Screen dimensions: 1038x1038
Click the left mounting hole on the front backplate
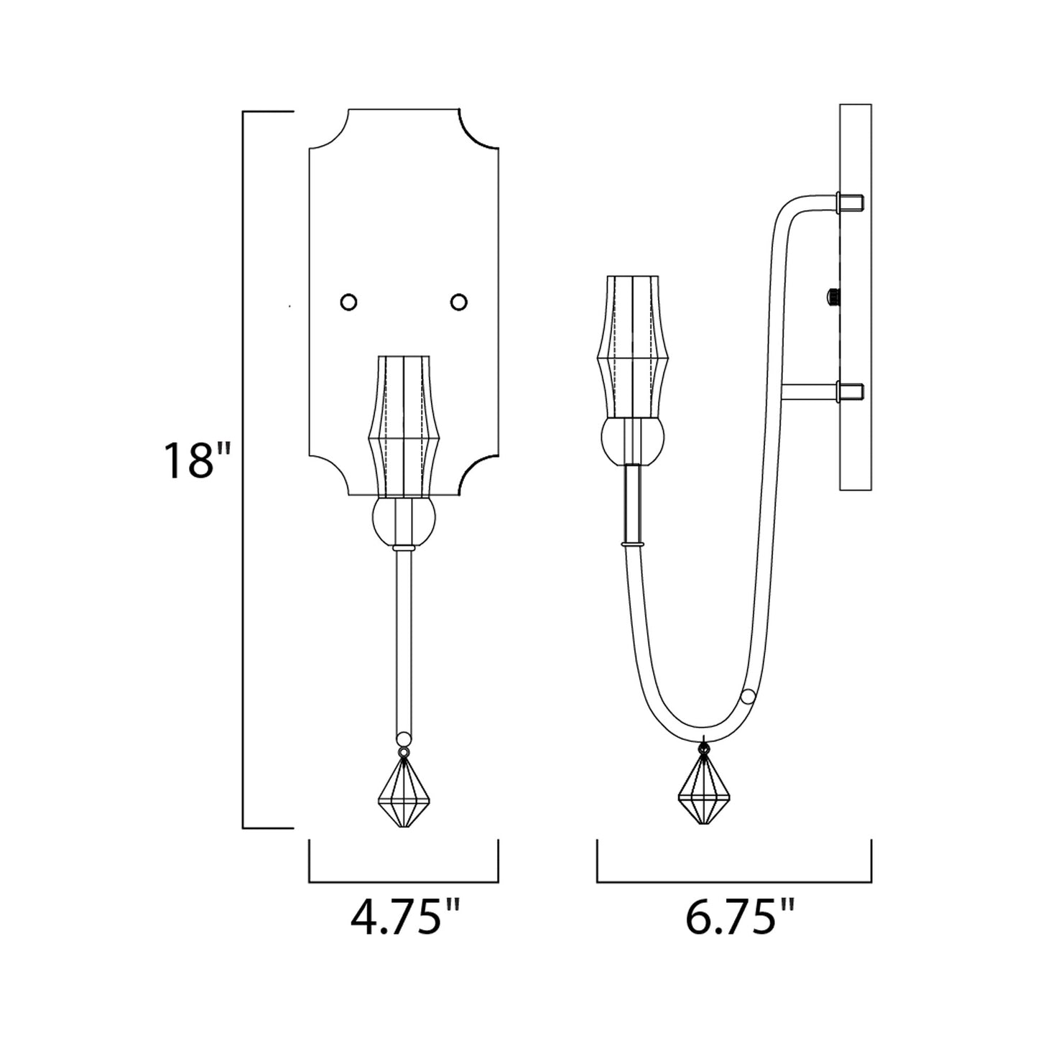[x=348, y=302]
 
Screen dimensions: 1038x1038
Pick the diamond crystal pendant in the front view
[x=404, y=800]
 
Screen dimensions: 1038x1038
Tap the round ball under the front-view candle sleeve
[x=404, y=522]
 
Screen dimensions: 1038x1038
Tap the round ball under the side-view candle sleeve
[x=633, y=441]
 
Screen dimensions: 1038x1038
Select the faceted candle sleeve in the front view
[x=404, y=425]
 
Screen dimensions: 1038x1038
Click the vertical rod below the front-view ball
[x=404, y=639]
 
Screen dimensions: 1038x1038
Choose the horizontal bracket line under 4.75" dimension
[x=404, y=881]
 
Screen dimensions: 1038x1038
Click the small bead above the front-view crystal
[x=404, y=738]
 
